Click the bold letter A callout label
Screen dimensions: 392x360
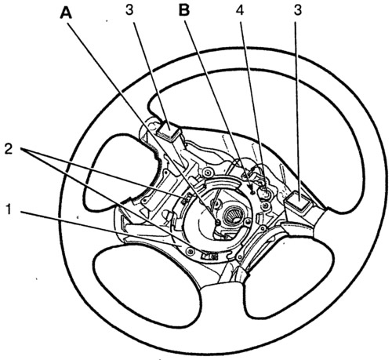[x=66, y=13]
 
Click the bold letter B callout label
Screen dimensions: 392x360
[x=184, y=11]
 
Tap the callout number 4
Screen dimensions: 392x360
[x=240, y=11]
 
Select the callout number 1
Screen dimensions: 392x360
[x=9, y=209]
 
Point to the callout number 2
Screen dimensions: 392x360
[x=9, y=150]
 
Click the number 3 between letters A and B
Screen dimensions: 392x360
[x=129, y=11]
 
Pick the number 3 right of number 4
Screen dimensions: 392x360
[x=298, y=11]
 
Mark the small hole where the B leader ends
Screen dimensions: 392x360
[x=252, y=192]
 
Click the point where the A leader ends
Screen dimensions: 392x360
[x=218, y=223]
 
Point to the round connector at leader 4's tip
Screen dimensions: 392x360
[x=265, y=194]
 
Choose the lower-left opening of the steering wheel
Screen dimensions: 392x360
[x=147, y=284]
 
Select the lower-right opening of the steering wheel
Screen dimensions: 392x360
[x=288, y=275]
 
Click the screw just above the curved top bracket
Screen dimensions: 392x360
[x=208, y=172]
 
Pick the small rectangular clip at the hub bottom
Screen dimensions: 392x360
[x=209, y=256]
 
